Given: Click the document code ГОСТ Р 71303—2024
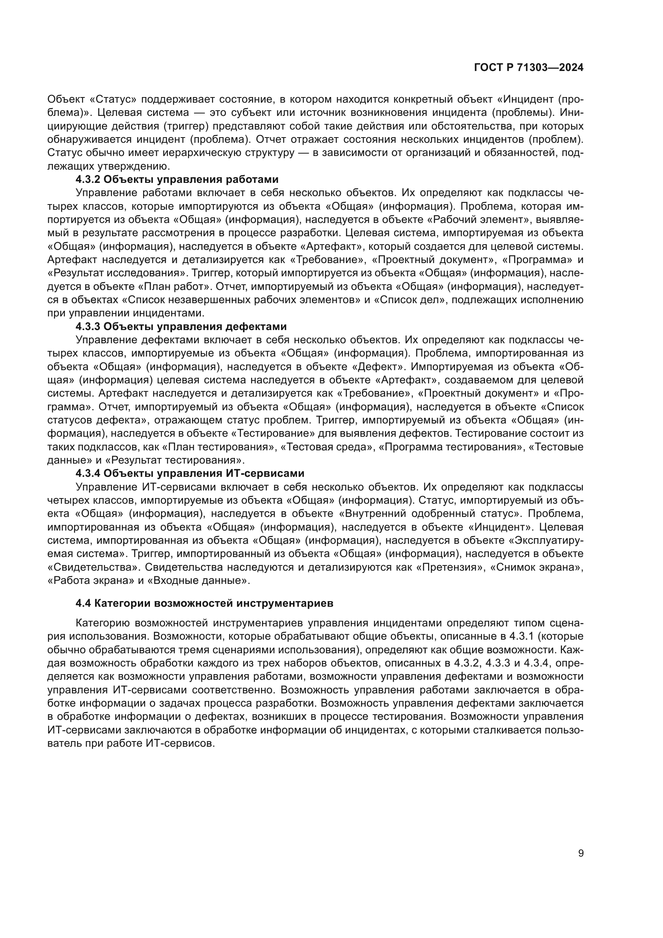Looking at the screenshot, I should point(529,68).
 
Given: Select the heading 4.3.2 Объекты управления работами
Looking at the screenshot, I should point(177,179).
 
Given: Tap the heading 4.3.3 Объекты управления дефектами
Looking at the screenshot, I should point(181,326).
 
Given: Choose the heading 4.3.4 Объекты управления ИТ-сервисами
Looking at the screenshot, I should point(190,474).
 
